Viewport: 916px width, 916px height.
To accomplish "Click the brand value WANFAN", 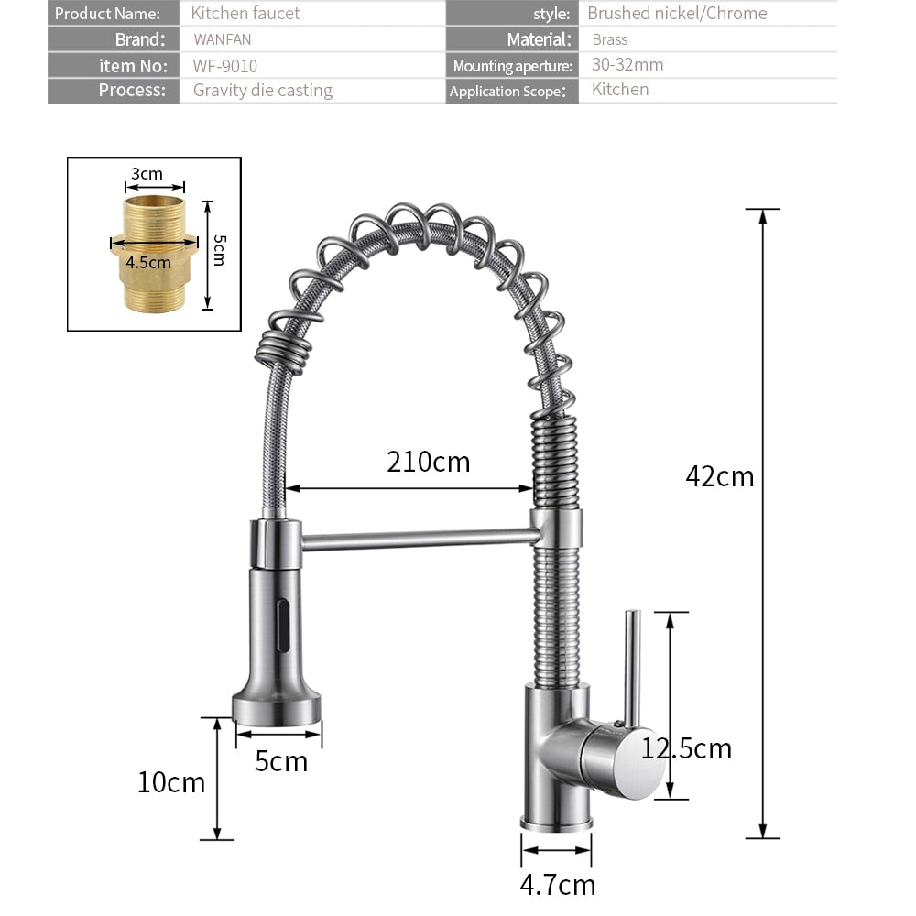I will coord(223,40).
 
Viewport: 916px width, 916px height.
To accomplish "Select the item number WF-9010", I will coord(225,66).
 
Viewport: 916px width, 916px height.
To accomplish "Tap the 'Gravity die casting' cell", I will coord(263,90).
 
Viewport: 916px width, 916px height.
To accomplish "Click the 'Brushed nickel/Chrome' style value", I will coord(677,14).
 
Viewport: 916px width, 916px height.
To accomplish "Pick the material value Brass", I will coord(610,39).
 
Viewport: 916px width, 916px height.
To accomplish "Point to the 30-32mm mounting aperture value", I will coord(627,65).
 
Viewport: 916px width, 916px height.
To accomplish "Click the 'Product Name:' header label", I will coord(107,14).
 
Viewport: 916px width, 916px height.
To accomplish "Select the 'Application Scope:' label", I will coord(507,91).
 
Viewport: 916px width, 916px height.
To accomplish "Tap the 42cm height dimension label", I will coord(720,476).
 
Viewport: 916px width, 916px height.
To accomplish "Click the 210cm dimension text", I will coord(428,462).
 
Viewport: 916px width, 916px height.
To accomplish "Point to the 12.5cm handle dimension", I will coord(687,749).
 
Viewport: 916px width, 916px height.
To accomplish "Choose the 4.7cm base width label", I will coord(557,885).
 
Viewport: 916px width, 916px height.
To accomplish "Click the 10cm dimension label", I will coord(171,782).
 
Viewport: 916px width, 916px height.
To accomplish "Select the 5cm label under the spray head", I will coord(281,761).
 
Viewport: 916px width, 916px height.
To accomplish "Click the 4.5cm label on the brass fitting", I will coord(148,262).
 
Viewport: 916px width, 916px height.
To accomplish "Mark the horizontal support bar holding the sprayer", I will coord(417,538).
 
